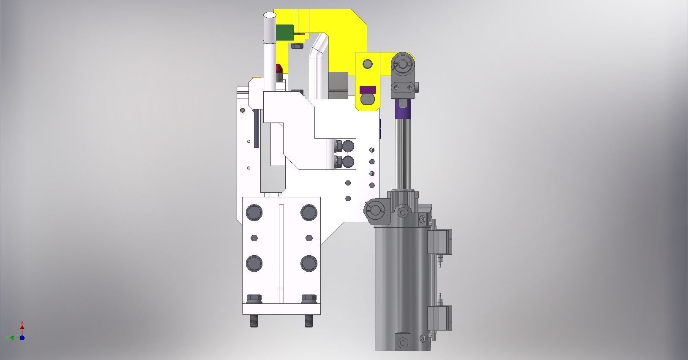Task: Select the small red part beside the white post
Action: coord(278,69)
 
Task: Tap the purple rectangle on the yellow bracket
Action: coord(367,90)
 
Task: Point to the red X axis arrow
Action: coord(22,326)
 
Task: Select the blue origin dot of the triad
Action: coord(22,338)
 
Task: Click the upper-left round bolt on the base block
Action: coord(254,212)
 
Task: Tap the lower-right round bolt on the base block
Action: coord(309,263)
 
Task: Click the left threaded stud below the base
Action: coord(254,321)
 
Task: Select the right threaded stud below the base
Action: coord(309,321)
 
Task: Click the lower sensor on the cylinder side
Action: coord(441,319)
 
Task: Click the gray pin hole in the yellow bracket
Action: coord(368,64)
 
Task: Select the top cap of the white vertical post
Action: coord(269,16)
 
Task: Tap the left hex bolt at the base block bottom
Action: coord(254,299)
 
